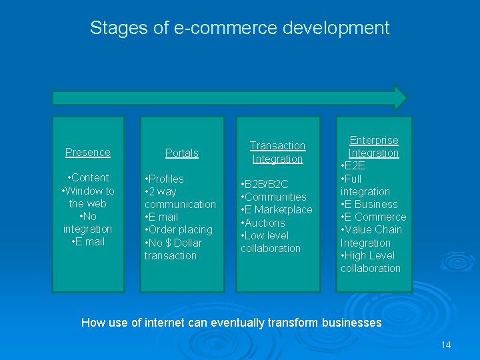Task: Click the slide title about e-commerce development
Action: pyautogui.click(x=239, y=28)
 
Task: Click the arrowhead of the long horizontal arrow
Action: pyautogui.click(x=400, y=97)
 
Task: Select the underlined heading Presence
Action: pyautogui.click(x=87, y=152)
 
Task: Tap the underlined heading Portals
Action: pyautogui.click(x=181, y=153)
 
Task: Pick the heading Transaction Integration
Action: pyautogui.click(x=277, y=152)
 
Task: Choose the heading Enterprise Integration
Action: pyautogui.click(x=374, y=147)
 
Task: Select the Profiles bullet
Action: pyautogui.click(x=165, y=179)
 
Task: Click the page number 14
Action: pyautogui.click(x=446, y=345)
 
